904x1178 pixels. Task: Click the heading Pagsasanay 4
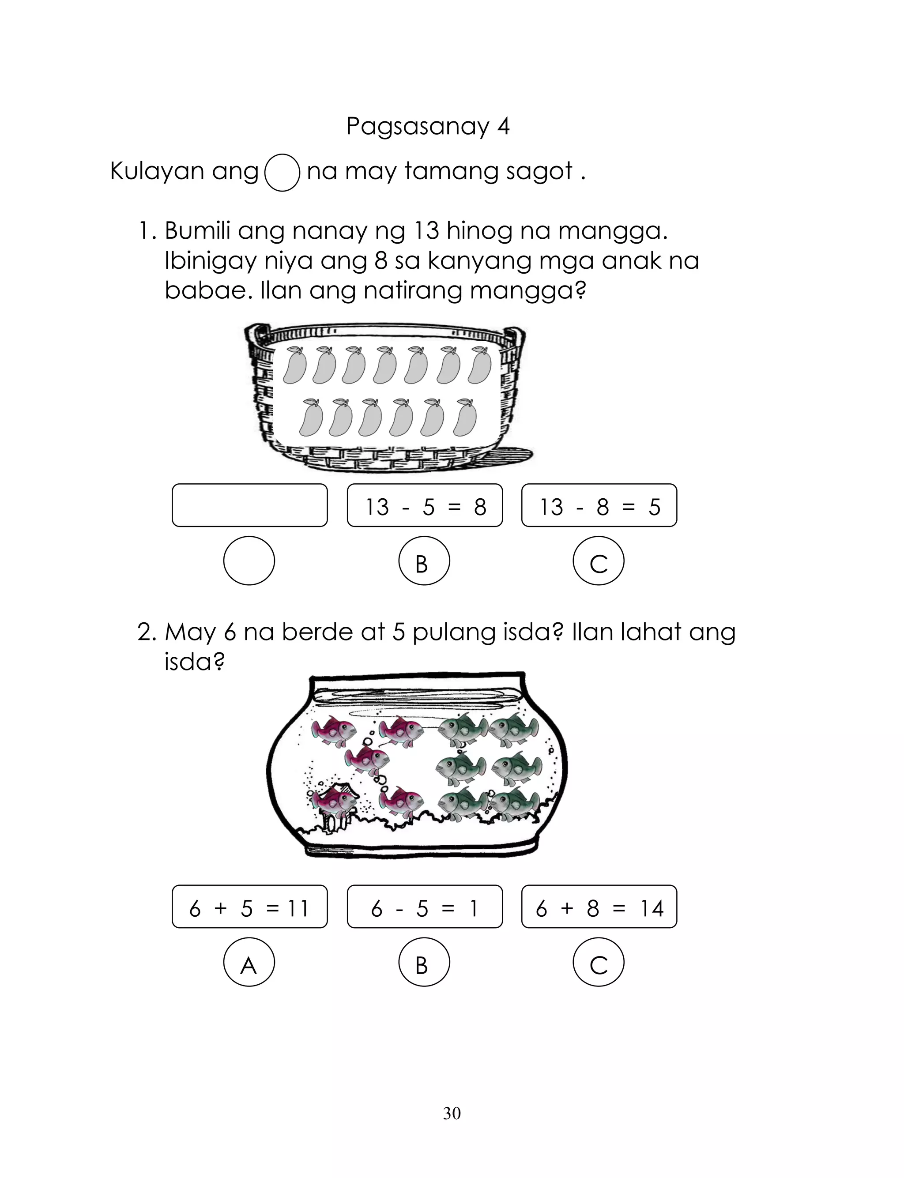click(x=428, y=126)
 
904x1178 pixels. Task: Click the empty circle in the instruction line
click(x=282, y=173)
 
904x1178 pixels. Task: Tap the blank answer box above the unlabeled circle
click(x=250, y=505)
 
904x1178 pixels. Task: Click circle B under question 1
click(x=424, y=561)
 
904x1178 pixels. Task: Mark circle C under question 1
click(x=599, y=561)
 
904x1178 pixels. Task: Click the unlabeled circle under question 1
click(x=249, y=561)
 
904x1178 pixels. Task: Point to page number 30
click(x=452, y=1114)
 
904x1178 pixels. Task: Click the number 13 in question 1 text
click(x=428, y=231)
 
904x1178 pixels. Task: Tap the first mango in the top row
click(x=295, y=365)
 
